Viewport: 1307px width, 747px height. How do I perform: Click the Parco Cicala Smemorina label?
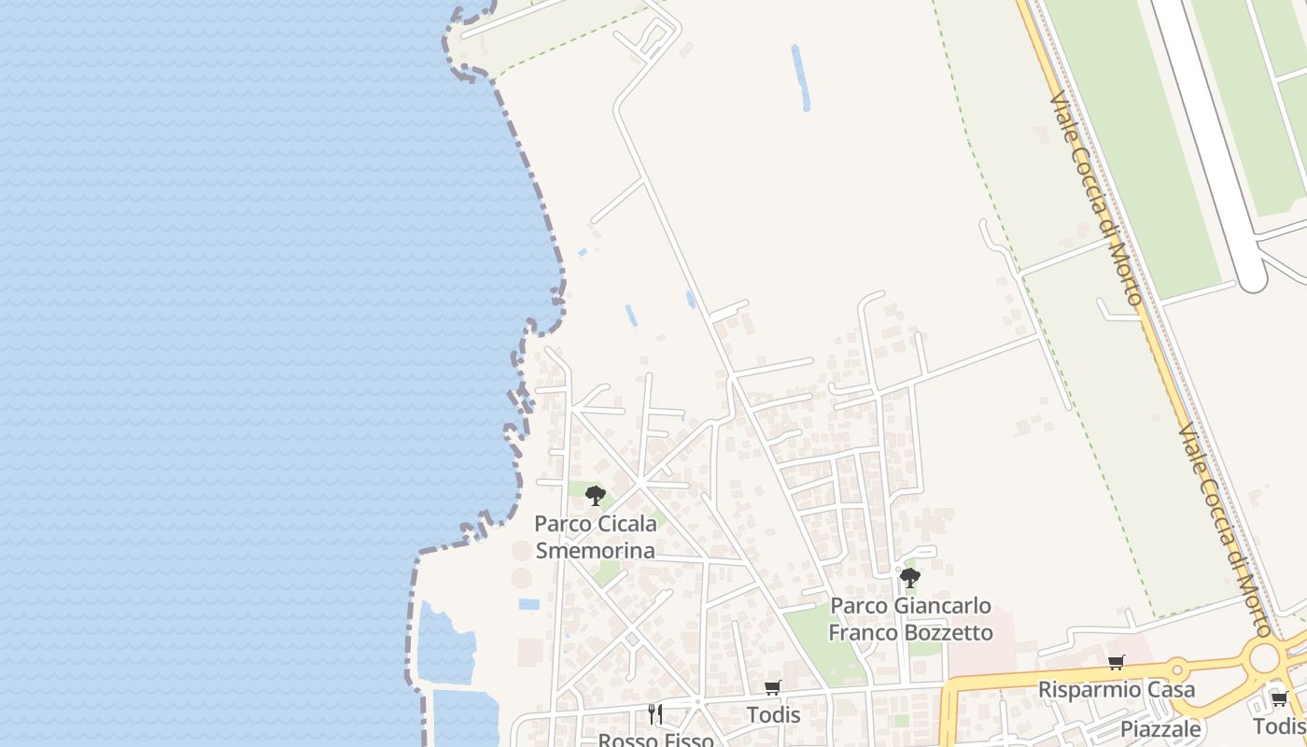click(595, 537)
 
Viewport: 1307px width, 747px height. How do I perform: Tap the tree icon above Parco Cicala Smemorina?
click(595, 495)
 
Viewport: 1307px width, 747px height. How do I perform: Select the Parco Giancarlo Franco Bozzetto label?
click(910, 619)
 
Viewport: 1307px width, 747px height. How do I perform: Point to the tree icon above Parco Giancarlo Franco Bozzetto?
click(910, 577)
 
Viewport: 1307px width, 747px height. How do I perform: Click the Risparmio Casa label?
click(1117, 690)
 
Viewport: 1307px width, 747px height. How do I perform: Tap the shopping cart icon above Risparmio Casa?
click(1117, 663)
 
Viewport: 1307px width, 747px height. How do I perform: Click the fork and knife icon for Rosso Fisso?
click(655, 714)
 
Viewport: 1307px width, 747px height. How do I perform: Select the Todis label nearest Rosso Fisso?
click(773, 715)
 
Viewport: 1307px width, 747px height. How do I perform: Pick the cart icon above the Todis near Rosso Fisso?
click(773, 688)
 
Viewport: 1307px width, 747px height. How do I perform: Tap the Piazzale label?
click(1160, 728)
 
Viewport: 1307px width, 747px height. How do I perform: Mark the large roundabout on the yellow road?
click(1265, 657)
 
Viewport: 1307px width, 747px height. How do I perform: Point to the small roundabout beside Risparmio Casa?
click(1178, 668)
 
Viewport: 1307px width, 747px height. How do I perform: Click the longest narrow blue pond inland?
click(800, 77)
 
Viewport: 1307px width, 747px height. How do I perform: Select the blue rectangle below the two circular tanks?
click(528, 604)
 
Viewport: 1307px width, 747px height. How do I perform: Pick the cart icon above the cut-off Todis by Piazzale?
click(1279, 699)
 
